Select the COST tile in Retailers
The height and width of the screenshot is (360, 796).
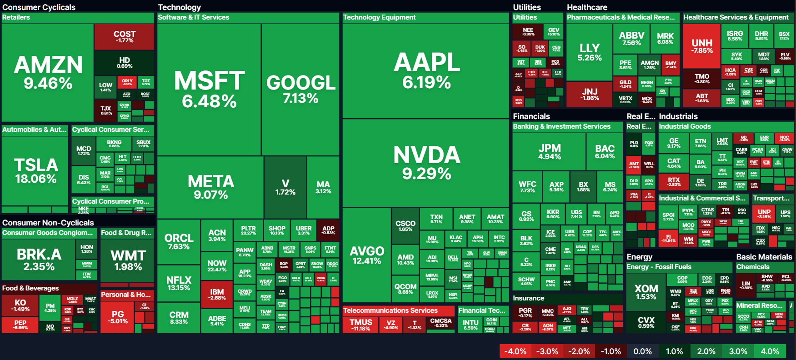[124, 36]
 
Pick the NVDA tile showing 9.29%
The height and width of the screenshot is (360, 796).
[426, 162]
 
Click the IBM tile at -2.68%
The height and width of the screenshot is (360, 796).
[217, 294]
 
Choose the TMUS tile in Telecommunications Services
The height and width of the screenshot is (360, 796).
[360, 325]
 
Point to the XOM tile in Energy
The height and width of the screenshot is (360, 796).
[646, 292]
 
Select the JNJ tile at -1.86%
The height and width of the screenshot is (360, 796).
[589, 94]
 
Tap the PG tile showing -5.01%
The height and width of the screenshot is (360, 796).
[118, 317]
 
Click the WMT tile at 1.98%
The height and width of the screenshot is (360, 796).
[128, 260]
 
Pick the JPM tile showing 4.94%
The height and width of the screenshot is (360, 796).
[549, 151]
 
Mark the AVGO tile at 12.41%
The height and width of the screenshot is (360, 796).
[366, 255]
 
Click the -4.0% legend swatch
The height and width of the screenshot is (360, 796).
[515, 351]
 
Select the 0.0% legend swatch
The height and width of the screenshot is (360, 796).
[642, 351]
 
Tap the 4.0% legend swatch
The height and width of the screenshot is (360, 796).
[770, 351]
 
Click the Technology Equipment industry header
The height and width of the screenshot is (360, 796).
[380, 17]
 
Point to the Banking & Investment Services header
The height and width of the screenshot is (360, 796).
[561, 126]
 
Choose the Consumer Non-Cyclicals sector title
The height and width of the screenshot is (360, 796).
[48, 223]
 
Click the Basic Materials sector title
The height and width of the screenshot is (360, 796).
[764, 257]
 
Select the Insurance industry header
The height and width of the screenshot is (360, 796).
[528, 298]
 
